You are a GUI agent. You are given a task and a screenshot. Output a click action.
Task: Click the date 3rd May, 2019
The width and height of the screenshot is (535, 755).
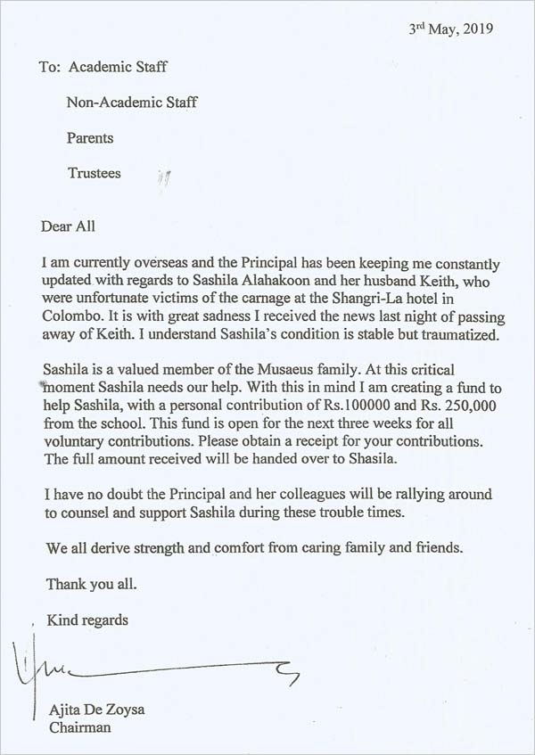(450, 28)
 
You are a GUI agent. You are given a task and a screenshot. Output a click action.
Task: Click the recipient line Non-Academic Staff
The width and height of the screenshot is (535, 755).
(132, 102)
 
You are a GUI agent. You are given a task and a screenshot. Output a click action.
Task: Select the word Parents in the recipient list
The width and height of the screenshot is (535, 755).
(90, 138)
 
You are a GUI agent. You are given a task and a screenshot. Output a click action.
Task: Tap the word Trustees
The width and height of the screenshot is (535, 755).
(95, 174)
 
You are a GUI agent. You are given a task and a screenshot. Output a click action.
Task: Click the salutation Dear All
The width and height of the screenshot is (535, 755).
(68, 226)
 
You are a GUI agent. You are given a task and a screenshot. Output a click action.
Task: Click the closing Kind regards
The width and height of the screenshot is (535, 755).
(87, 620)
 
